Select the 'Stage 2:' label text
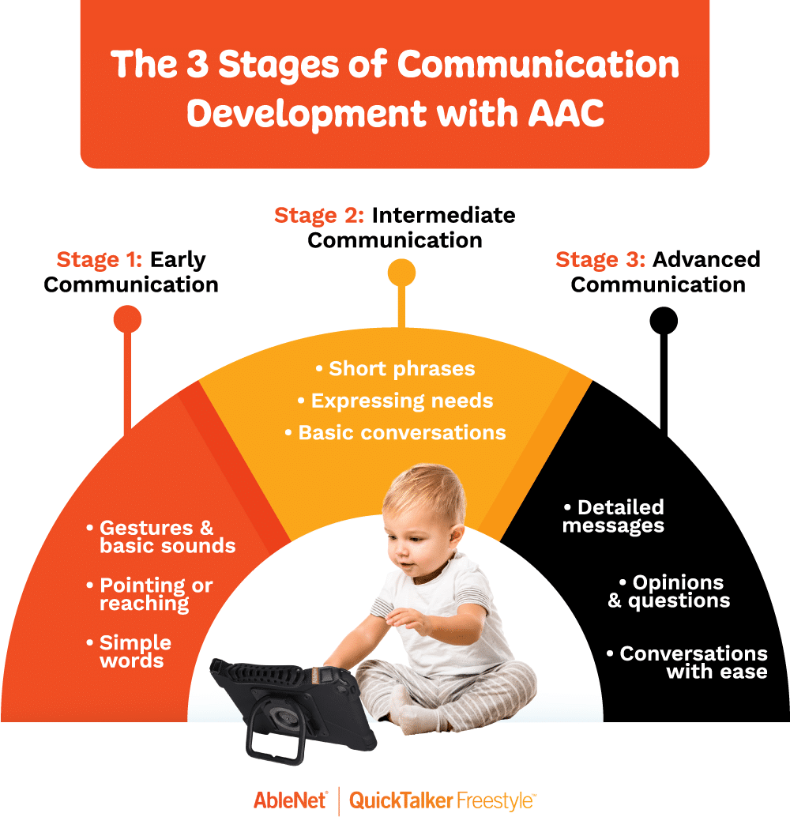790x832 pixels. click(319, 215)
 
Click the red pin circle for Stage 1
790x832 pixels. click(127, 319)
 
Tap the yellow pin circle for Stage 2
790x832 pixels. click(402, 273)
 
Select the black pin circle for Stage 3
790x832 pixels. click(664, 319)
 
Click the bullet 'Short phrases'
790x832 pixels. click(395, 369)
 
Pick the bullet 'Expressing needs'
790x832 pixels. click(395, 401)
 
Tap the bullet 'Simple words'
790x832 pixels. click(130, 651)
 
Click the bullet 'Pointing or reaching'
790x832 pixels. click(150, 594)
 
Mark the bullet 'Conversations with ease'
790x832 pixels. click(687, 663)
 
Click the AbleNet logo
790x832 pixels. click(290, 800)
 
